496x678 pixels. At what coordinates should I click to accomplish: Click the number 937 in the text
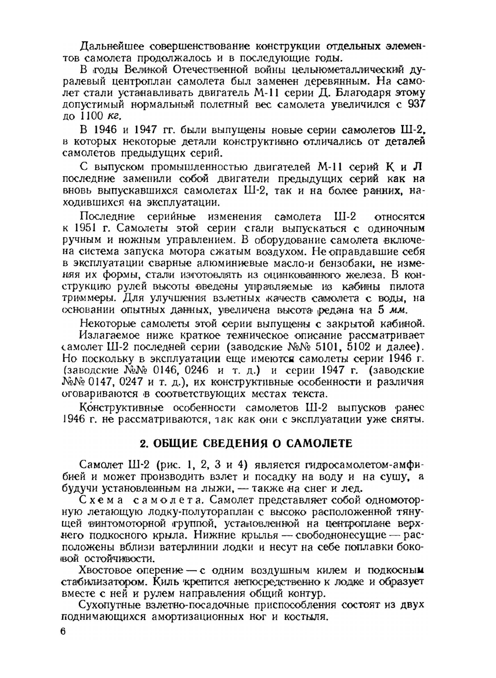pyautogui.click(x=416, y=105)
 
